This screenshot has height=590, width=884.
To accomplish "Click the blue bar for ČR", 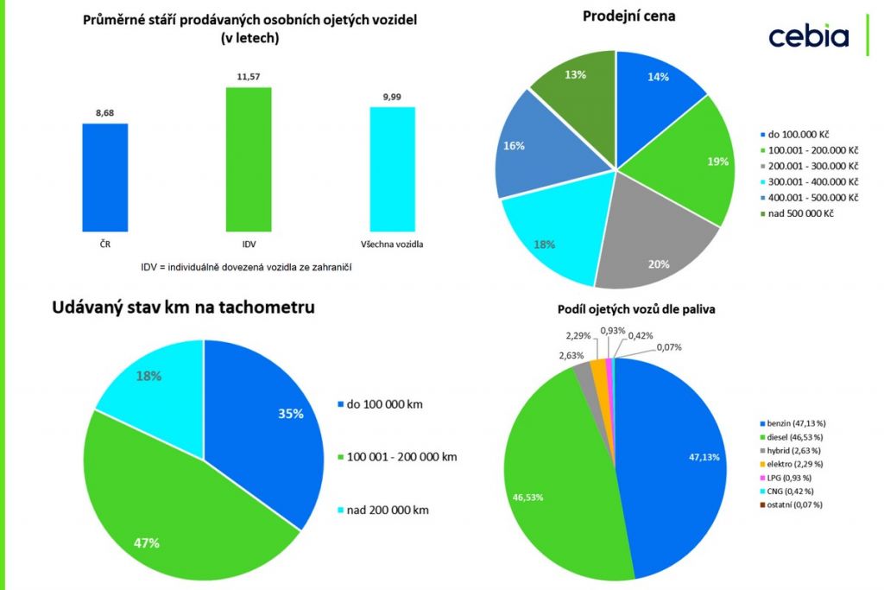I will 104,177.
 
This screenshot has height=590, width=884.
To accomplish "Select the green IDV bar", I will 248,159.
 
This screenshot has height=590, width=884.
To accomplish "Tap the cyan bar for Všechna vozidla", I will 392,168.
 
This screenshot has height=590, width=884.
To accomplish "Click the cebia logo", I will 808,36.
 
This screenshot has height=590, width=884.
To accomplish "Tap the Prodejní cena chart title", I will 629,16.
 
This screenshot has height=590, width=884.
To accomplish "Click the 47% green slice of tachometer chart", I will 173,510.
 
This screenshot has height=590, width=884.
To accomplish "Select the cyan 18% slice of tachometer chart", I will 151,376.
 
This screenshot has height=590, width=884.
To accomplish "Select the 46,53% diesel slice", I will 552,466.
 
